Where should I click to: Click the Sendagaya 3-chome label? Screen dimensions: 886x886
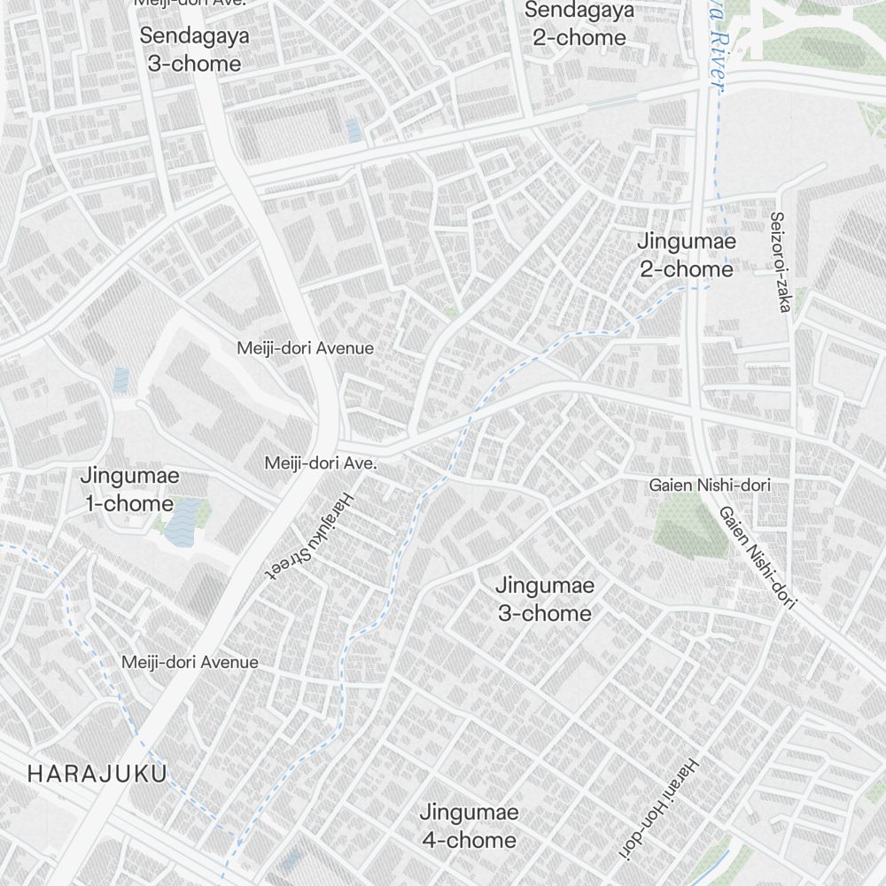(194, 50)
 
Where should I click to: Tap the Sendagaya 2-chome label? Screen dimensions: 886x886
(579, 24)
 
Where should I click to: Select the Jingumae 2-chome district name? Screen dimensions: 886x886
(687, 255)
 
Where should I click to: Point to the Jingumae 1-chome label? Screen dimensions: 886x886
(129, 489)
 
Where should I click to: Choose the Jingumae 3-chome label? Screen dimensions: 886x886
(544, 599)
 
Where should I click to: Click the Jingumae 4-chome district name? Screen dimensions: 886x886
(468, 826)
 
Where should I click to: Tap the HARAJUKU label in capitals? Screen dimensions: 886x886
(97, 773)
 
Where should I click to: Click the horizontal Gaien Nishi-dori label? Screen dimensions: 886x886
(710, 485)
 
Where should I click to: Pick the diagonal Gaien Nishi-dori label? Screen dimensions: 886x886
(758, 557)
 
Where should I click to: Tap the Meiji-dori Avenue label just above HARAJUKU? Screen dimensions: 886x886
(190, 662)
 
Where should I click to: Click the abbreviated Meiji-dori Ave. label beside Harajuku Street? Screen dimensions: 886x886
(322, 462)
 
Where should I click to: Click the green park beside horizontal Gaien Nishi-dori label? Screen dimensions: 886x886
(691, 525)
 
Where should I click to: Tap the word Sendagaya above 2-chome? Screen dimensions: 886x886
(579, 11)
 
